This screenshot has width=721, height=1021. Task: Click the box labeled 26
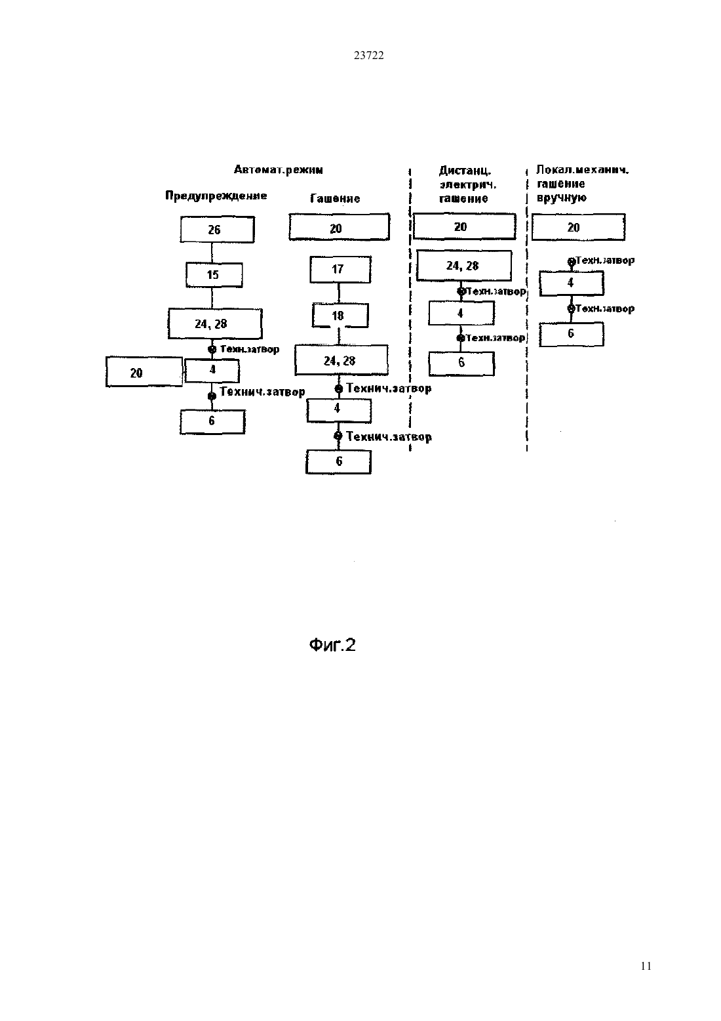click(217, 229)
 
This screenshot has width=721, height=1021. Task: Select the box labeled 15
click(214, 274)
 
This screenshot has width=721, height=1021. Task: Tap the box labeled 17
click(340, 269)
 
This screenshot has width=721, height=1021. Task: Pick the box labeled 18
click(340, 316)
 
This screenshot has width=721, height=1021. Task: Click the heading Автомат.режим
click(278, 170)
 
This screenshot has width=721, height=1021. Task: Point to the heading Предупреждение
click(216, 196)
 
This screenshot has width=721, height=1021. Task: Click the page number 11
click(646, 966)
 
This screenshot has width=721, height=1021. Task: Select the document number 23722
click(368, 55)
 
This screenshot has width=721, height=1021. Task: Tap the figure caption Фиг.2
click(332, 644)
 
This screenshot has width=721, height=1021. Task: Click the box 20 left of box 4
click(144, 372)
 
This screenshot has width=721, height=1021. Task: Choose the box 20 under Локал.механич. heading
click(579, 227)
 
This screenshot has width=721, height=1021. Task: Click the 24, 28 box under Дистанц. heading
click(464, 265)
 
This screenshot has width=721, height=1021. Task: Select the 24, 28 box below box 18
click(341, 360)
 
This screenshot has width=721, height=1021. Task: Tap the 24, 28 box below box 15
click(215, 323)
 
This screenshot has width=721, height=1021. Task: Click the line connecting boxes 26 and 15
click(212, 253)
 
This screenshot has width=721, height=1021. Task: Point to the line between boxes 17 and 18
click(339, 293)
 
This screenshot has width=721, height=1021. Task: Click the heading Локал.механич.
click(583, 171)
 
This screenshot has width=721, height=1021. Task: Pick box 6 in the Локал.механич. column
click(572, 334)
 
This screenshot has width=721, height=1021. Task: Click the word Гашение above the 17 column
click(335, 199)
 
